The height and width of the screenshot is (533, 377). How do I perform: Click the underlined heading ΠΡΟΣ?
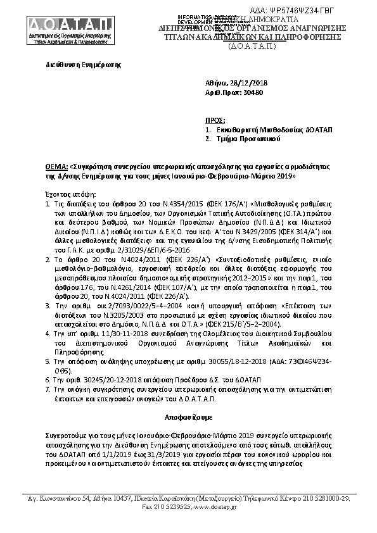click(x=215, y=119)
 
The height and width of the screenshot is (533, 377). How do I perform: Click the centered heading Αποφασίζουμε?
click(x=188, y=419)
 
